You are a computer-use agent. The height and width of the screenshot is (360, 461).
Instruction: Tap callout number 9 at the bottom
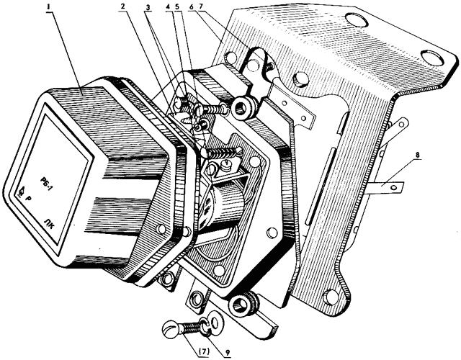tap(227, 352)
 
